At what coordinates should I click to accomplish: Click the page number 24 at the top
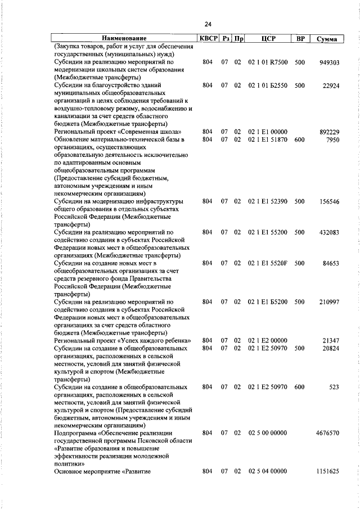[208, 24]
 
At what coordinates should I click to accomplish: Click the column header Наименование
[124, 39]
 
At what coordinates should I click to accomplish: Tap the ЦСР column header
[267, 39]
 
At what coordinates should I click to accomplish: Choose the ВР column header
[300, 39]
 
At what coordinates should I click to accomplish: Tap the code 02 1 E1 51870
[267, 139]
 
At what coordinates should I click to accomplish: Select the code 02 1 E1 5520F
[267, 263]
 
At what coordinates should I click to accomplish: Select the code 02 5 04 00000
[267, 471]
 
